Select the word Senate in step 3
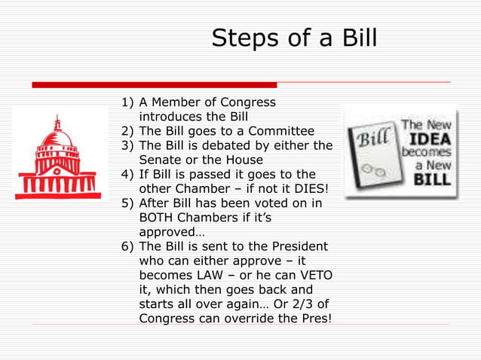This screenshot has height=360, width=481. tap(162, 160)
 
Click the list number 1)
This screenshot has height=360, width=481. tap(129, 102)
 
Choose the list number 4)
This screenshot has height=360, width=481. tap(129, 174)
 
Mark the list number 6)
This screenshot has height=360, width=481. tap(129, 247)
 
